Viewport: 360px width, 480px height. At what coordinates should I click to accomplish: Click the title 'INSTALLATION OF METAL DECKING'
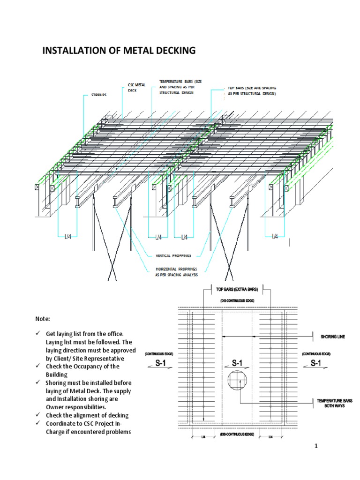[119, 50]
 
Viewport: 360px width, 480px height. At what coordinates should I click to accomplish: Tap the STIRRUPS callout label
[96, 95]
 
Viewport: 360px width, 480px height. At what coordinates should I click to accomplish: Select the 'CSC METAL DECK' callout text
[137, 87]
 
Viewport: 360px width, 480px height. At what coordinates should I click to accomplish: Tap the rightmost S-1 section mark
[315, 363]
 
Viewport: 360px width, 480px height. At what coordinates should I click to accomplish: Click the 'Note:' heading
[43, 319]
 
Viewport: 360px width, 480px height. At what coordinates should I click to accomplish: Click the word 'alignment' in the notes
[89, 415]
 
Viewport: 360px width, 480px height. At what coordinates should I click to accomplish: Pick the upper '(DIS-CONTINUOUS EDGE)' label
[233, 300]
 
